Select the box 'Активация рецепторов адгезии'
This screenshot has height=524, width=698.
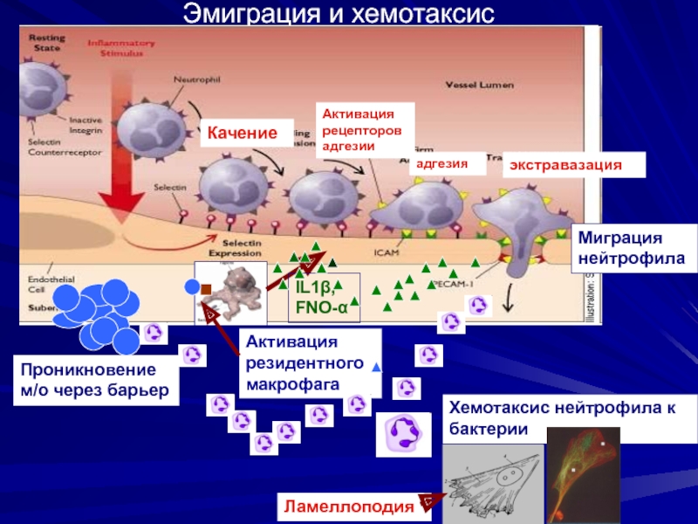click(362, 130)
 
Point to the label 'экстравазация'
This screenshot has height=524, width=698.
click(571, 165)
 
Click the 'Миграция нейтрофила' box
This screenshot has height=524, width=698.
click(626, 249)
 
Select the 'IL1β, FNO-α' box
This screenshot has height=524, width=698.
click(321, 297)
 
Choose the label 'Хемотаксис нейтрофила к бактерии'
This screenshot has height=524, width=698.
click(561, 417)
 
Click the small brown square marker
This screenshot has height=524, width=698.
click(207, 288)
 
